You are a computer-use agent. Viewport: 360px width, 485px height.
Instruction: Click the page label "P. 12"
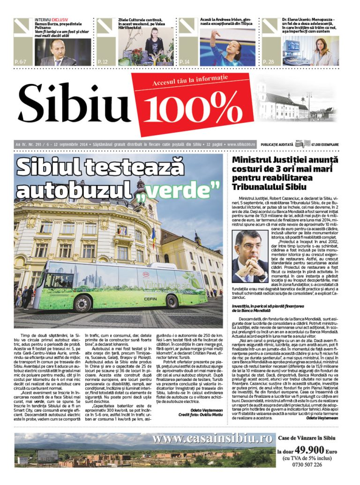point(102,61)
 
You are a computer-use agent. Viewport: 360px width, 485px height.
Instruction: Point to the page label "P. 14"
point(185,61)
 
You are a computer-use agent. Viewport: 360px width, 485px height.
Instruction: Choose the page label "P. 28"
point(268,61)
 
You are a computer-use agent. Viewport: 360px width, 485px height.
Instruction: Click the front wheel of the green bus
point(82,303)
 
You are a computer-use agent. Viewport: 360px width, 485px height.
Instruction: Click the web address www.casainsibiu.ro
point(212,438)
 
